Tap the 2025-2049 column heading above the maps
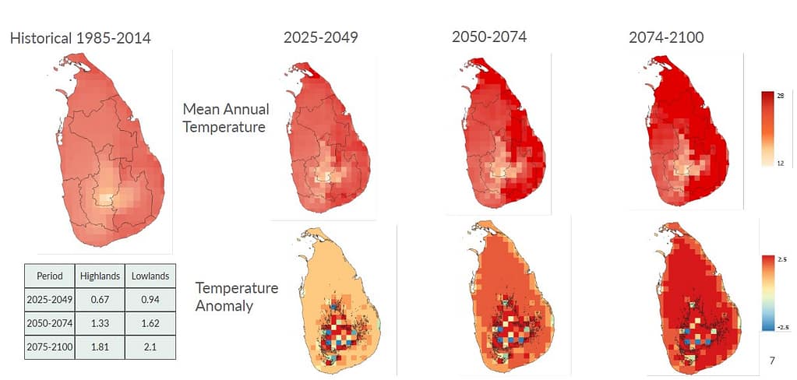(x=320, y=37)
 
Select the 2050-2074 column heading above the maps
(x=489, y=37)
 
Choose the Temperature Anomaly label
(x=236, y=297)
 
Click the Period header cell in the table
(x=50, y=276)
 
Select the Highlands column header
(x=100, y=276)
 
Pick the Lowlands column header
(x=150, y=276)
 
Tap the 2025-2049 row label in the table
(x=50, y=299)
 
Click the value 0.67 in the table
(x=100, y=299)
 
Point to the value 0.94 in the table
(x=150, y=299)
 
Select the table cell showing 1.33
(x=100, y=322)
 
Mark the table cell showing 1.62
(x=150, y=322)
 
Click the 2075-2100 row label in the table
(x=50, y=346)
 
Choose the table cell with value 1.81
(x=100, y=346)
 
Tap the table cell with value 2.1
(x=150, y=346)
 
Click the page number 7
(x=772, y=361)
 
